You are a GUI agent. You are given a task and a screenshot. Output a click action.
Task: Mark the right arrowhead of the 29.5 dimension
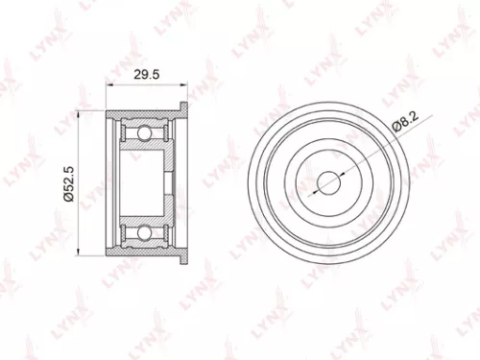tap(184, 84)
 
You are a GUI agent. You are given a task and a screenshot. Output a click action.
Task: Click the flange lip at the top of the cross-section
tap(180, 107)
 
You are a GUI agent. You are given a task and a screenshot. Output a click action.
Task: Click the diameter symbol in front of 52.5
tap(71, 201)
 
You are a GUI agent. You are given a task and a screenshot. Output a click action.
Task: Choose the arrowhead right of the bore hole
tap(339, 171)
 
